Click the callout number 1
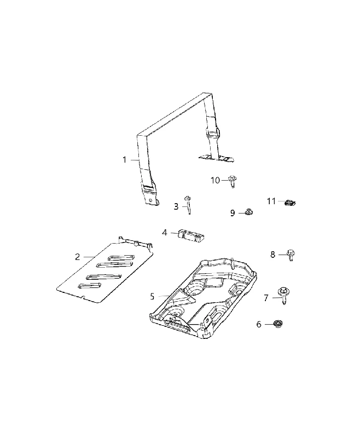click(x=125, y=160)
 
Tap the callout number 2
click(x=78, y=257)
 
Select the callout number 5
click(x=152, y=296)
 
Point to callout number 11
click(x=271, y=201)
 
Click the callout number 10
click(x=216, y=181)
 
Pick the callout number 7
click(x=266, y=298)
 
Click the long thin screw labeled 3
click(x=188, y=205)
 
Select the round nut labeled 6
click(x=278, y=324)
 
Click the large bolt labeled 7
click(x=283, y=295)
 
